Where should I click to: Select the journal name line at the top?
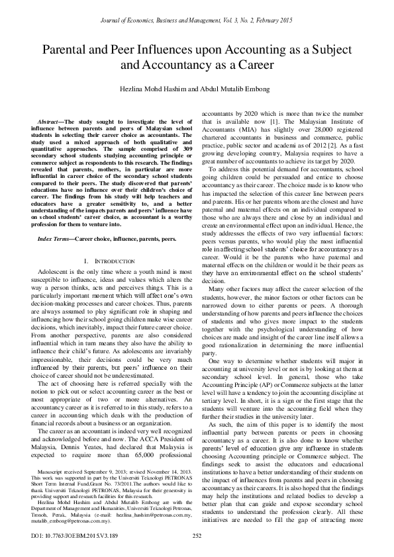197,22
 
